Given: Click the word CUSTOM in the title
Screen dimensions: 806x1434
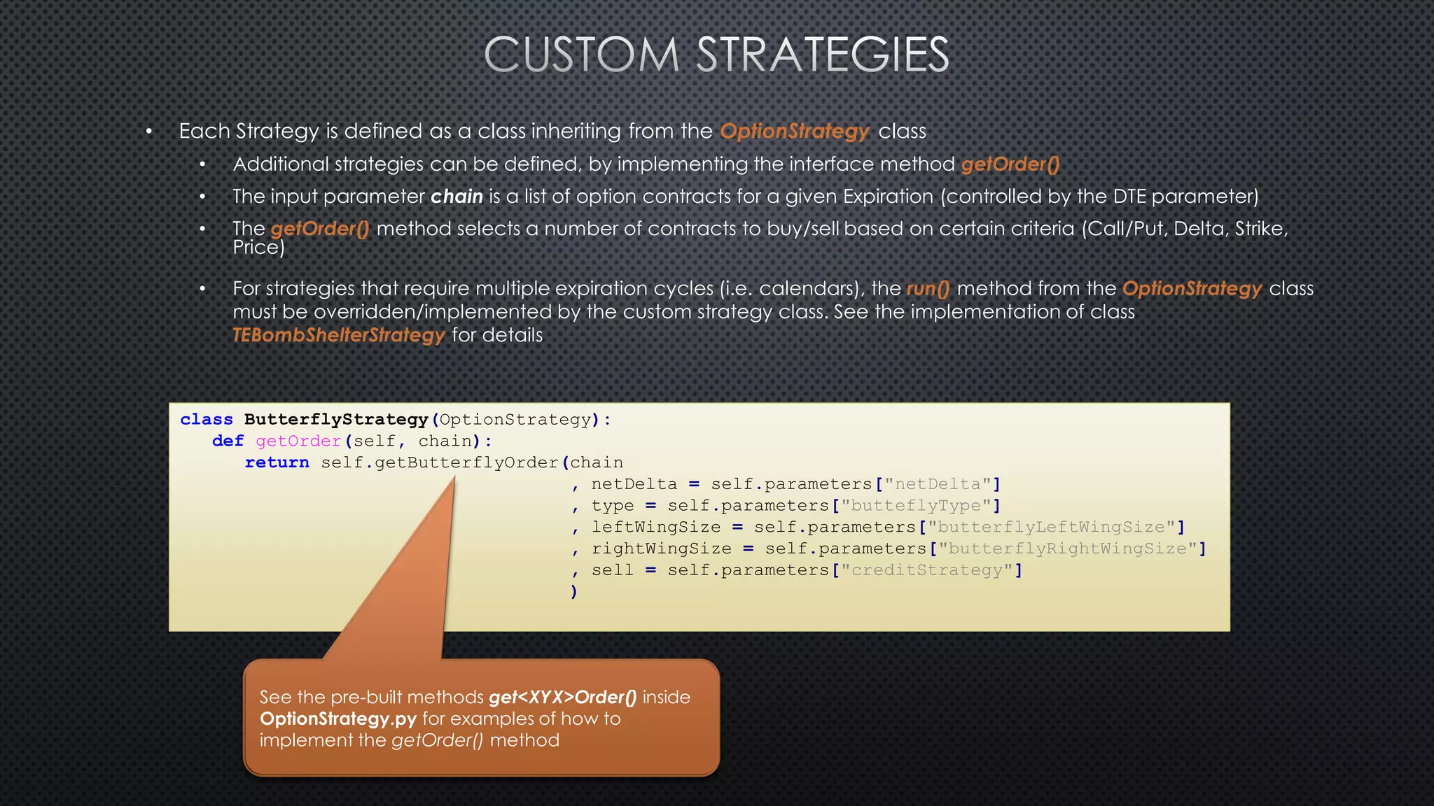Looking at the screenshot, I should point(581,55).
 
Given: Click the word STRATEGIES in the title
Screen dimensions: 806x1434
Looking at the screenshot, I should point(823,55).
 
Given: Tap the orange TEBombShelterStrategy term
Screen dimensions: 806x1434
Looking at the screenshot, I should point(339,335).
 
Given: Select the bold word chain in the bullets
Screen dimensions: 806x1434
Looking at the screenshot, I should point(457,197).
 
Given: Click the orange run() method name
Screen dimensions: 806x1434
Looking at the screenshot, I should point(928,289).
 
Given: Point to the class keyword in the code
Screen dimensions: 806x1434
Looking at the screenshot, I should point(206,420).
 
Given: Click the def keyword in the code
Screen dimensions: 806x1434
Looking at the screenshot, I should point(228,441).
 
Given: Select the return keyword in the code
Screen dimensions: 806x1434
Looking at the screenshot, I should point(277,463).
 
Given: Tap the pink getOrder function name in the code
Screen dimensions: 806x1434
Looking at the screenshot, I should point(298,441).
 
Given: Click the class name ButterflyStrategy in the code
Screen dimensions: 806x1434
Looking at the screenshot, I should point(335,420).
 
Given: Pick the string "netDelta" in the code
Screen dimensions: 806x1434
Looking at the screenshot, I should point(938,484).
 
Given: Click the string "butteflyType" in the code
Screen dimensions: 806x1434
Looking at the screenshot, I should point(916,506).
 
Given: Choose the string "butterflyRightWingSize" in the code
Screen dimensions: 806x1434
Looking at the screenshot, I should point(1067,549).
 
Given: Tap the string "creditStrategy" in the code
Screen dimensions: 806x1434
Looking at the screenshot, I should point(927,571).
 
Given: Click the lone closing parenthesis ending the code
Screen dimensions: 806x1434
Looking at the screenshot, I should point(574,592).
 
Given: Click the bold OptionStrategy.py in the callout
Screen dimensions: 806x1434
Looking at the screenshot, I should point(338,719).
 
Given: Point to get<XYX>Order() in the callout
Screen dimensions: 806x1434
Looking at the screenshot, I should point(563,698).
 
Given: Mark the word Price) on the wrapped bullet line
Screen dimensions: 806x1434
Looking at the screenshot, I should point(258,248).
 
